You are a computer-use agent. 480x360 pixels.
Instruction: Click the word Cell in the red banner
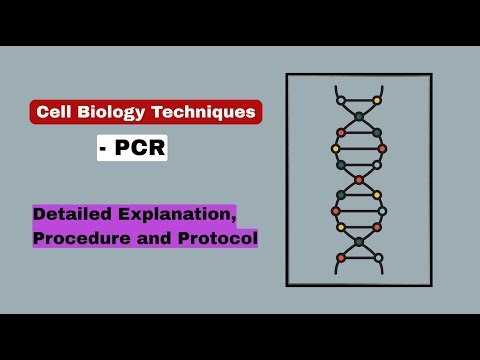53,112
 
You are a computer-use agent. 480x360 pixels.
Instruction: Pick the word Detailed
71,215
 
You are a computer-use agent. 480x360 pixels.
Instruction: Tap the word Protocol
214,238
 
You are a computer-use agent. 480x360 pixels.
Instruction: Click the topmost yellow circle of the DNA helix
377,100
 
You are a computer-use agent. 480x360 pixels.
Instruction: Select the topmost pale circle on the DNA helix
341,100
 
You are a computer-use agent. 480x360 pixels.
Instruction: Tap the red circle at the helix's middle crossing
359,180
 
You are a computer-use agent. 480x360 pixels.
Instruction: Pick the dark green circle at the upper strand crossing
359,117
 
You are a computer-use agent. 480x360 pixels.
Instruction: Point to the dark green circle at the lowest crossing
359,242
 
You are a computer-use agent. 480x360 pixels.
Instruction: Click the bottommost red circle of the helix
341,258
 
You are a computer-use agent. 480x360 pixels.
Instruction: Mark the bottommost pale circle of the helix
378,258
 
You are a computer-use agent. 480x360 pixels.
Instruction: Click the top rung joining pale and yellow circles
359,100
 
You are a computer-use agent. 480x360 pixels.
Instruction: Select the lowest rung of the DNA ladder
359,258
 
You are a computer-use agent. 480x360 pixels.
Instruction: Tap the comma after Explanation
235,220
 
